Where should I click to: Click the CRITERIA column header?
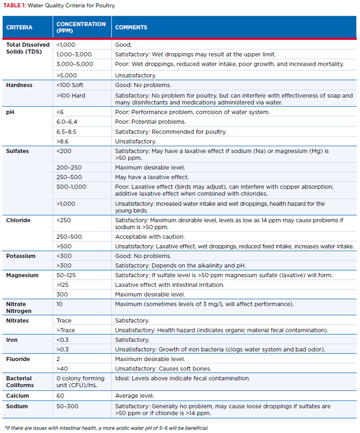pyautogui.click(x=19, y=27)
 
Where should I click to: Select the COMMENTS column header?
pyautogui.click(x=131, y=27)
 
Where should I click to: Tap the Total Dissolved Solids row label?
pyautogui.click(x=28, y=48)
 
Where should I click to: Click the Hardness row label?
pyautogui.click(x=19, y=85)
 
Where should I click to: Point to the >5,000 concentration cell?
pyautogui.click(x=67, y=75)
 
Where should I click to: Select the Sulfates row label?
pyautogui.click(x=18, y=151)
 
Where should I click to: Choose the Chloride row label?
pyautogui.click(x=18, y=220)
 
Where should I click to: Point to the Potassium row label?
pyautogui.click(x=21, y=256)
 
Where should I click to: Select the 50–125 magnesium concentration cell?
pyautogui.click(x=66, y=275)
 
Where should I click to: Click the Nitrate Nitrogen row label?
pyautogui.click(x=16, y=308)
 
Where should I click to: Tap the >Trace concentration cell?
pyautogui.click(x=66, y=330)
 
